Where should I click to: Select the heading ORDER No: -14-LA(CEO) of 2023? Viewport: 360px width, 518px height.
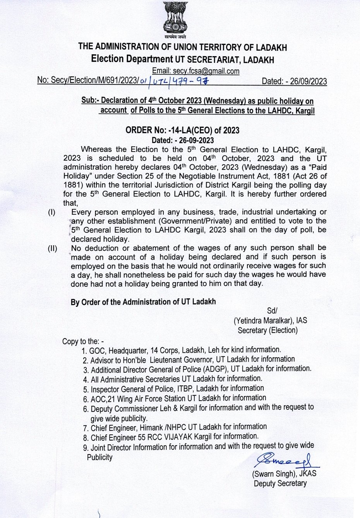click(x=182, y=130)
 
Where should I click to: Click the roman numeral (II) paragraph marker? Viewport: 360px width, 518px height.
click(x=52, y=248)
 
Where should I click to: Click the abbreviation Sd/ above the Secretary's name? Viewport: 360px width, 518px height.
click(x=273, y=311)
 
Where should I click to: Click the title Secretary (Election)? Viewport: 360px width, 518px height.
click(x=267, y=330)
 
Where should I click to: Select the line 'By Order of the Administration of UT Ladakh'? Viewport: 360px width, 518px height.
click(x=143, y=302)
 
